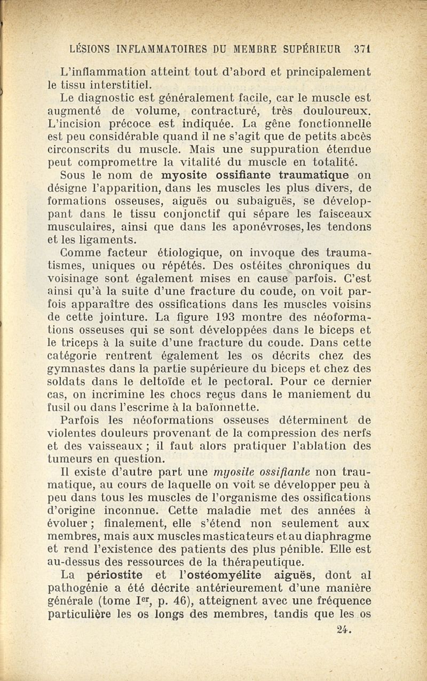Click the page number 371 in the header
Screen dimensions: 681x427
click(362, 49)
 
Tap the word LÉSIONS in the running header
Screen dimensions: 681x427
click(91, 49)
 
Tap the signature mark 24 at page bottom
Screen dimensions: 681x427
click(346, 629)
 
